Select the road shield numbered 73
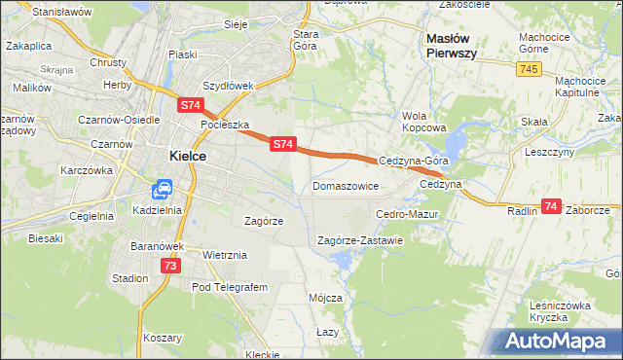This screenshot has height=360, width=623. (x=170, y=265)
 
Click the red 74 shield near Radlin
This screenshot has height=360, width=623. (x=552, y=206)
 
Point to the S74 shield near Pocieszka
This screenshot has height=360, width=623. (x=191, y=103)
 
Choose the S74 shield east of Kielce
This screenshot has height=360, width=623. (x=282, y=143)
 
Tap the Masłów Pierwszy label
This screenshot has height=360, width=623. (x=451, y=46)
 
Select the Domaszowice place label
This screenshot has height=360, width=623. (x=346, y=185)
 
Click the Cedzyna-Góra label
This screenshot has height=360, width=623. (x=413, y=161)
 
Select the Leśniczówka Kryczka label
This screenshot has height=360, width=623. (x=561, y=311)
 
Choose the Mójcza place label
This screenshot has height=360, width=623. (x=325, y=297)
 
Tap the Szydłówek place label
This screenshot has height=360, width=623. (x=228, y=85)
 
